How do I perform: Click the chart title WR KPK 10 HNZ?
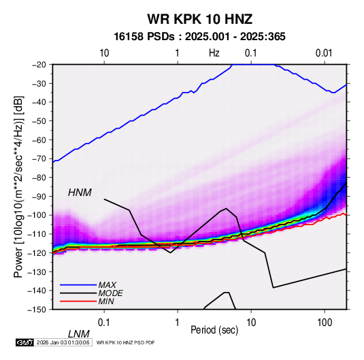[199, 19]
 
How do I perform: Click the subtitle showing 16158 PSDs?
[199, 37]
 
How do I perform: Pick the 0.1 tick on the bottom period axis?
[104, 323]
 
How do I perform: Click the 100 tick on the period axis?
[325, 323]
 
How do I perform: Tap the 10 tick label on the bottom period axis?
[251, 323]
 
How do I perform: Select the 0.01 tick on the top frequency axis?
[324, 53]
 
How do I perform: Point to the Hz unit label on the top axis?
[214, 53]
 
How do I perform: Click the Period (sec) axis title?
[214, 330]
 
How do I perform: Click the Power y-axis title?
[18, 186]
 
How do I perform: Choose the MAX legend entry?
[107, 284]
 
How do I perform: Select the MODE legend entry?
[110, 293]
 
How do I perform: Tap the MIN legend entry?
[106, 301]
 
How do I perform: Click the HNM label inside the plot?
[80, 193]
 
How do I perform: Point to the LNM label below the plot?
[79, 334]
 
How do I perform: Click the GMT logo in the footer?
[24, 342]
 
